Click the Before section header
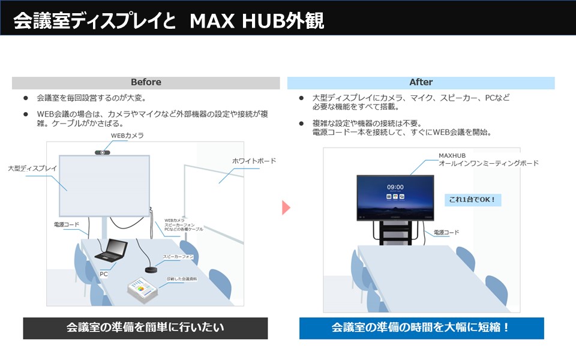(146, 82)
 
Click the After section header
(421, 82)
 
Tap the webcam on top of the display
(103, 152)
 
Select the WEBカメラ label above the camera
(127, 136)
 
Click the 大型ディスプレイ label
(32, 169)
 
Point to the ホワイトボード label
(254, 161)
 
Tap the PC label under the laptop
(103, 274)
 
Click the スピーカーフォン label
(178, 257)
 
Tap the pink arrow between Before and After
(286, 208)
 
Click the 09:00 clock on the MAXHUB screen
(395, 187)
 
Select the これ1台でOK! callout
(473, 200)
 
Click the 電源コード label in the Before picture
(67, 224)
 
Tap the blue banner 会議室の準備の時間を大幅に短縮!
(421, 328)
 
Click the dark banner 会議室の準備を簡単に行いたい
(145, 328)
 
